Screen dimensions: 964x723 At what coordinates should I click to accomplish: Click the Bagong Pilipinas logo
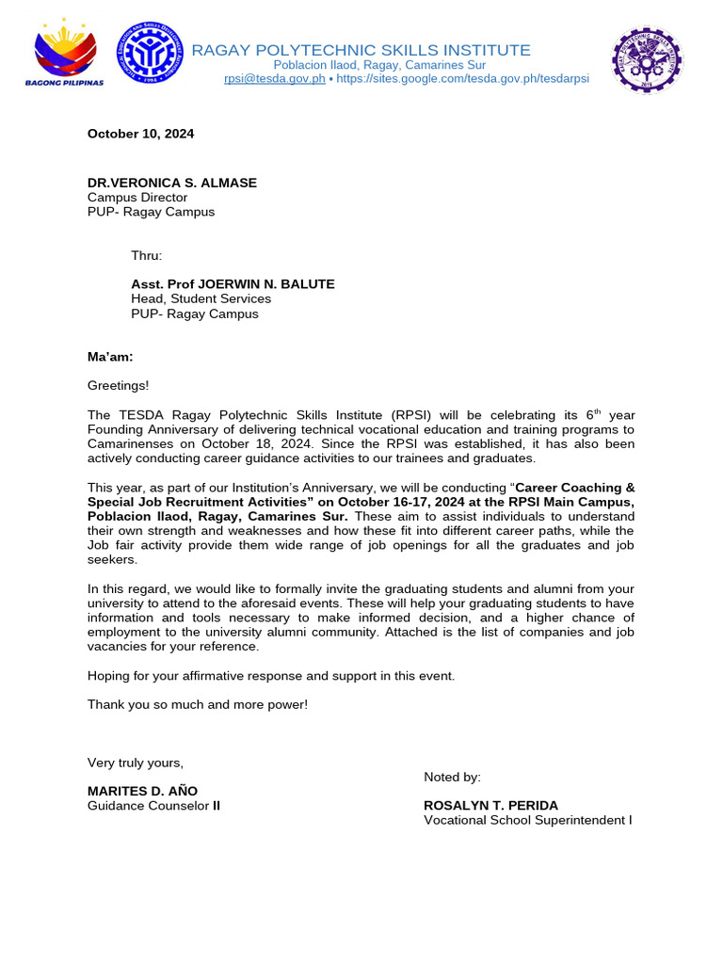pos(64,56)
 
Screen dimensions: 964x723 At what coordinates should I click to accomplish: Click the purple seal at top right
pos(647,59)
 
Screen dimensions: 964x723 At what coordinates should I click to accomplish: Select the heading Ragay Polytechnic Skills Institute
pos(361,50)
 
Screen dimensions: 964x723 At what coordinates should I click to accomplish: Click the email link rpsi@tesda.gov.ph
pos(274,79)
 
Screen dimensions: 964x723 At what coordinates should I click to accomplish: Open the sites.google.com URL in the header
pos(462,79)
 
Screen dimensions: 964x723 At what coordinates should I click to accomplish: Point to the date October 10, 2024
pos(140,134)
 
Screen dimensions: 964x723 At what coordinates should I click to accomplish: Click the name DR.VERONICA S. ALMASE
pos(171,183)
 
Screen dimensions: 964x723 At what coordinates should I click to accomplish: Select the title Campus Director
pos(137,198)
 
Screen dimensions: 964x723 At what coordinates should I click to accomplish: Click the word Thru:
pos(146,255)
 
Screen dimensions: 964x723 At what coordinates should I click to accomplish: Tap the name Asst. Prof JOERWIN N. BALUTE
pos(233,284)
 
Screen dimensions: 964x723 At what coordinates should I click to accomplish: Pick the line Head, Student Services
pos(201,298)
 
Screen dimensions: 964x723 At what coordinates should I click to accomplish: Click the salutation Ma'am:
pos(110,357)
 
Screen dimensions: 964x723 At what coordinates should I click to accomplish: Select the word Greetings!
pos(118,385)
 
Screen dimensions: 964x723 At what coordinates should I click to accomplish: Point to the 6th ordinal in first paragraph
pos(593,414)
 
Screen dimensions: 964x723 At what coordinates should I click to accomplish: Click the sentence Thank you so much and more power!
pos(198,704)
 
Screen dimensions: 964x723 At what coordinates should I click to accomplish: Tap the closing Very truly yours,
pos(136,763)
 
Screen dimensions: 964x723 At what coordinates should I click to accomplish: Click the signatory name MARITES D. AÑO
pos(143,791)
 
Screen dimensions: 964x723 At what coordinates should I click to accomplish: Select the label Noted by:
pos(452,777)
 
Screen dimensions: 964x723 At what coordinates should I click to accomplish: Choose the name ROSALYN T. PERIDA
pos(490,806)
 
